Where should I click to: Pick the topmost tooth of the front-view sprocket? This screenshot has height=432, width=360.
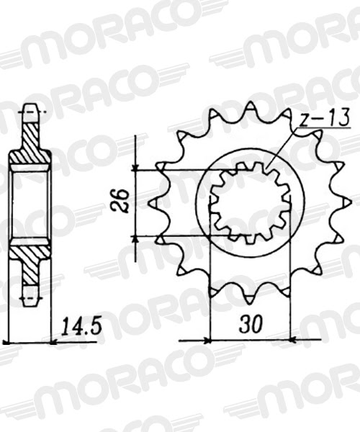coord(249,108)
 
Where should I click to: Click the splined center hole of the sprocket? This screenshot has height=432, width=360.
coord(248,203)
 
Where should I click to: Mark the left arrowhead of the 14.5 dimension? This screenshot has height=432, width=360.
coord(9,340)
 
